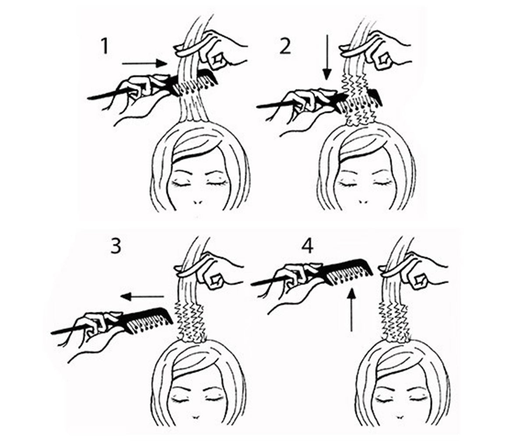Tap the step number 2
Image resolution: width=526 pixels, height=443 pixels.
click(x=285, y=46)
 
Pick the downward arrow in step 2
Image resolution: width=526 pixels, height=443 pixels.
click(x=327, y=57)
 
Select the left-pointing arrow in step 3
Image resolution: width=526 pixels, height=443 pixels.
click(x=142, y=297)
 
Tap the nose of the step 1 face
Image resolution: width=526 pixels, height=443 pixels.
click(x=198, y=202)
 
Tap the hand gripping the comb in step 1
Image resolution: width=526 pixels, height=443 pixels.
click(x=136, y=96)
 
